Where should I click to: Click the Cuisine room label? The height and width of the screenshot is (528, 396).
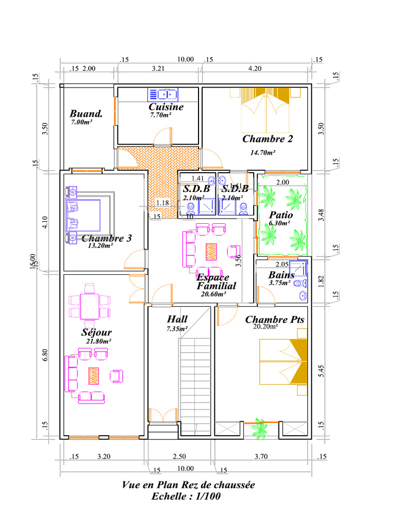(166, 107)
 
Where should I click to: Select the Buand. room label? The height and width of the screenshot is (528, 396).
(86, 113)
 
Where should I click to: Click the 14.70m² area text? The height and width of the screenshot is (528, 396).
(262, 152)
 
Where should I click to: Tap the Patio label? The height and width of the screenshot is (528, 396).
(281, 215)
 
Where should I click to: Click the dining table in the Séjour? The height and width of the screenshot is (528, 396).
(90, 306)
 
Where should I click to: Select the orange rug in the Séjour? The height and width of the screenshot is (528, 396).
(93, 375)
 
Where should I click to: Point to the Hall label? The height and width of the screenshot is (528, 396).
(177, 319)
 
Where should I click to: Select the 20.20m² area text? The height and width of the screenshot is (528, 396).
(266, 326)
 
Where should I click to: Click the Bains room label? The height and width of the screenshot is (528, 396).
(281, 275)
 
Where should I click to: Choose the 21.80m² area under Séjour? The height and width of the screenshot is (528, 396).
(99, 341)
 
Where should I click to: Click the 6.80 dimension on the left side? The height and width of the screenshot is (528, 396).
(45, 356)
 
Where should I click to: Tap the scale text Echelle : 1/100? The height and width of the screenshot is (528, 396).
(188, 497)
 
